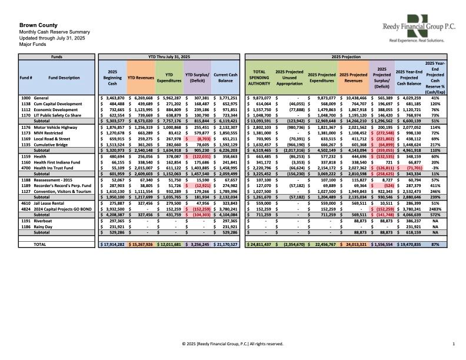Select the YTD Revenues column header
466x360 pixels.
(140, 76)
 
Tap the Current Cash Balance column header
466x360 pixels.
(225, 76)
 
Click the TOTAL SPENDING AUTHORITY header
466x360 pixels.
(259, 76)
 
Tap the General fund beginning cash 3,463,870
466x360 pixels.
(112, 98)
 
